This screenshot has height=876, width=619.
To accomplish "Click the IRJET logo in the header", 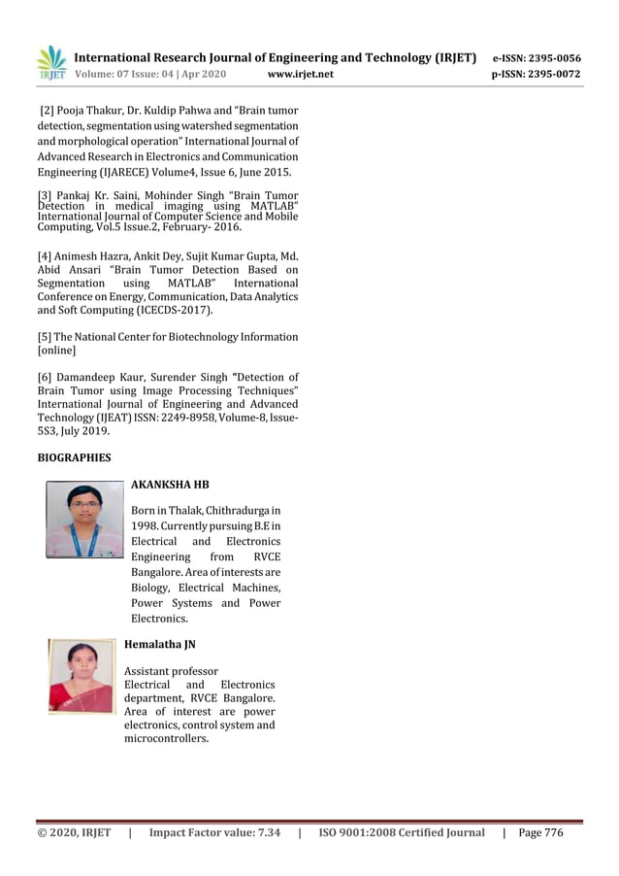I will [x=52, y=62].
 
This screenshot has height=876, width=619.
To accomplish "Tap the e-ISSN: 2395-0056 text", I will [x=537, y=58].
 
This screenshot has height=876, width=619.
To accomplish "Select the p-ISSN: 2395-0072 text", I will [x=537, y=74].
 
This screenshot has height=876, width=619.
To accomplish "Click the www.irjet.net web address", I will [x=300, y=74].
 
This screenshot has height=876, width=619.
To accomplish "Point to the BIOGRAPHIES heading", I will [x=74, y=456].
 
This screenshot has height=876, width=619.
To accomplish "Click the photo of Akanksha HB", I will [x=84, y=521].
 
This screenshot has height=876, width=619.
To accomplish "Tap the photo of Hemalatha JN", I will [x=81, y=676].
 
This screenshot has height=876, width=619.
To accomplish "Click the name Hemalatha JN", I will [x=160, y=644].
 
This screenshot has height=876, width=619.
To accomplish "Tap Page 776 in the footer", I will [x=540, y=832].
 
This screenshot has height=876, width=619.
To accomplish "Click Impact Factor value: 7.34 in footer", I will [x=214, y=832].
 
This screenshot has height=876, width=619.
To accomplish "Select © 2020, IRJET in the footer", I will [x=74, y=832].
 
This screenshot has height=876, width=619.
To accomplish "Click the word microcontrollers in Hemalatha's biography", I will [x=166, y=739].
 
